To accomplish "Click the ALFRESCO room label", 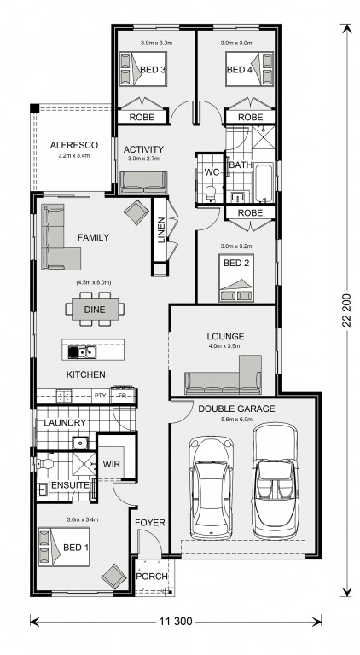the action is click(x=74, y=145).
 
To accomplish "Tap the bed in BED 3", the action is click(x=142, y=69).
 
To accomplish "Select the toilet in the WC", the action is click(x=210, y=194).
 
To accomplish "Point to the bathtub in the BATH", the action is click(x=263, y=184).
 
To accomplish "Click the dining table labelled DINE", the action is click(x=95, y=310).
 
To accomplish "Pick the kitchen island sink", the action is click(x=87, y=352).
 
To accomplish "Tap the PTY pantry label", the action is click(x=100, y=395).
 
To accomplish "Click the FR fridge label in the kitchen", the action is click(x=122, y=395).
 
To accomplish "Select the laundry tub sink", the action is click(x=79, y=442).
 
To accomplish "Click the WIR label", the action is click(x=112, y=464).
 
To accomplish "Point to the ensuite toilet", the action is click(x=44, y=463).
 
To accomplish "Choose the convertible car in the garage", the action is click(x=276, y=481).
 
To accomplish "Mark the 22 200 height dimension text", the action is click(x=345, y=308).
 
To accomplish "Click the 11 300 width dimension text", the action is click(x=176, y=622).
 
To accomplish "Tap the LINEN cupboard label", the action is click(x=161, y=230).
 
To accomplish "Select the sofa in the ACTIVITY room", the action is click(x=143, y=183).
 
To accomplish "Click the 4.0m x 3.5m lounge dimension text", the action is click(x=225, y=346).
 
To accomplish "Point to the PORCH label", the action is click(x=152, y=577).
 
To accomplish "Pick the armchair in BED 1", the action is click(x=113, y=577).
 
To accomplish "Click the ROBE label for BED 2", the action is click(x=250, y=213).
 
